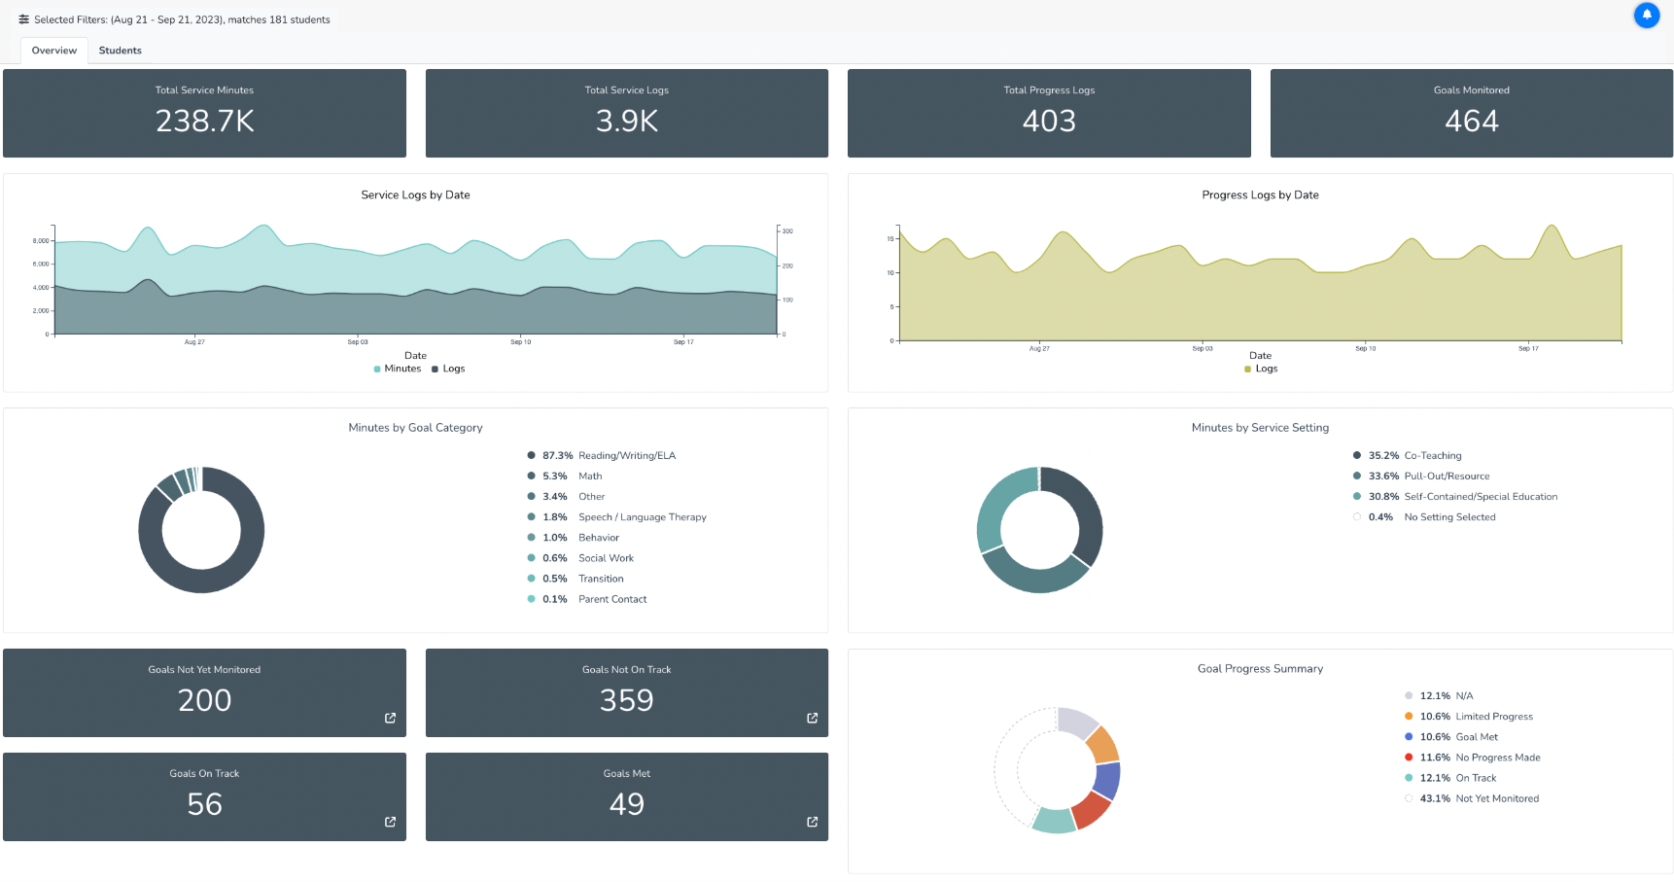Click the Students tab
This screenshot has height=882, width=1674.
[120, 51]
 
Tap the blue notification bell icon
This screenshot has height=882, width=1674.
[1647, 16]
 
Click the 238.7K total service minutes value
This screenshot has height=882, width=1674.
[204, 121]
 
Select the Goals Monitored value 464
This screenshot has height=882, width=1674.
[1471, 121]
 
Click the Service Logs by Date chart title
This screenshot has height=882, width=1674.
[415, 194]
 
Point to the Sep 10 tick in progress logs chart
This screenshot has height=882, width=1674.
[1365, 348]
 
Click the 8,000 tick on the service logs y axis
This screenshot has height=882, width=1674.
[41, 240]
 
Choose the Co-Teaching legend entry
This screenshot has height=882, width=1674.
[1432, 456]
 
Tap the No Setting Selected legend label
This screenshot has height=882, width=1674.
[1449, 517]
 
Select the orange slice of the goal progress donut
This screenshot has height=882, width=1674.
[1102, 745]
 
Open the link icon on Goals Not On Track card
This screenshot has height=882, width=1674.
[812, 718]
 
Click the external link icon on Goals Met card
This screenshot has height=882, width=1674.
[812, 822]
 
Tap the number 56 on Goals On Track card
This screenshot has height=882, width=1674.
[204, 804]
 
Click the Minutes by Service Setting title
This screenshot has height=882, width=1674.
[1260, 428]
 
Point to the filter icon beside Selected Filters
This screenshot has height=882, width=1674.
[24, 19]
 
